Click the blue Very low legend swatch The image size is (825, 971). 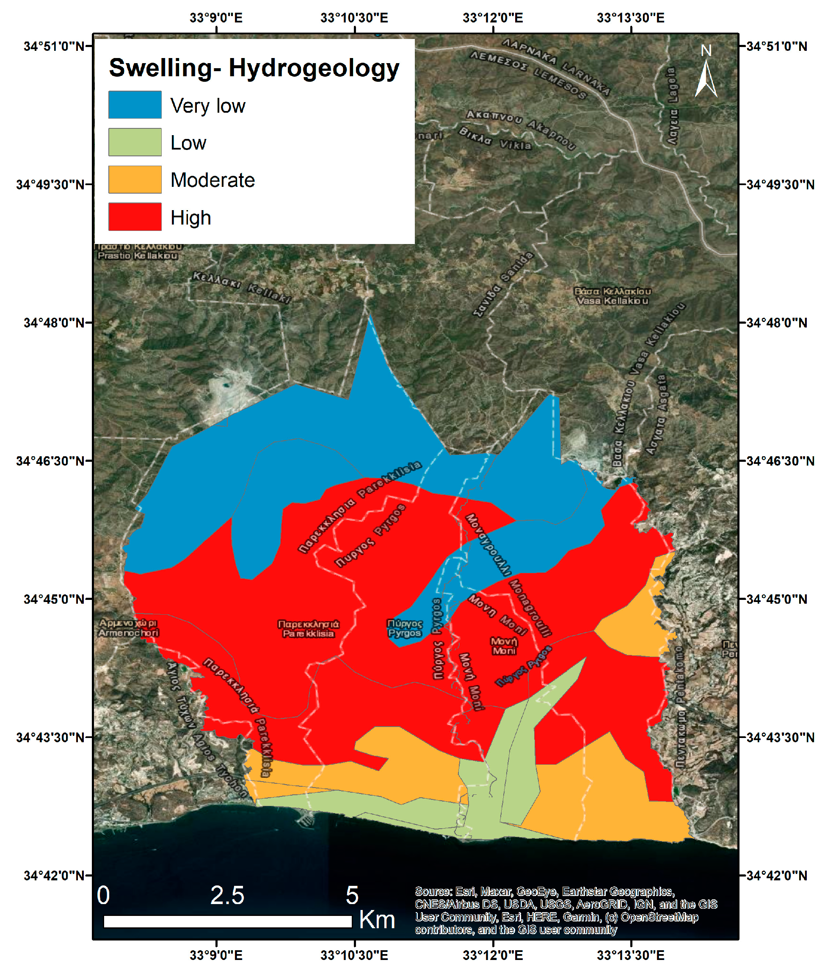(x=135, y=104)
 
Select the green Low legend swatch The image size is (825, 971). (x=135, y=142)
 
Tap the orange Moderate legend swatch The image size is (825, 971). (x=135, y=179)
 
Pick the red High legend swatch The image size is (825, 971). (x=135, y=216)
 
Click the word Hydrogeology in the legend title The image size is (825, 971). (x=313, y=68)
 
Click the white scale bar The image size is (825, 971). (x=227, y=921)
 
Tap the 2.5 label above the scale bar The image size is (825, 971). (x=227, y=895)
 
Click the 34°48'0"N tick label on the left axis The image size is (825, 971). (x=55, y=323)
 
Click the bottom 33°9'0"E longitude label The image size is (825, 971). (x=216, y=955)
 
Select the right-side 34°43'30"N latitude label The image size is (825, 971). (x=780, y=738)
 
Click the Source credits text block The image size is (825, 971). (x=566, y=911)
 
